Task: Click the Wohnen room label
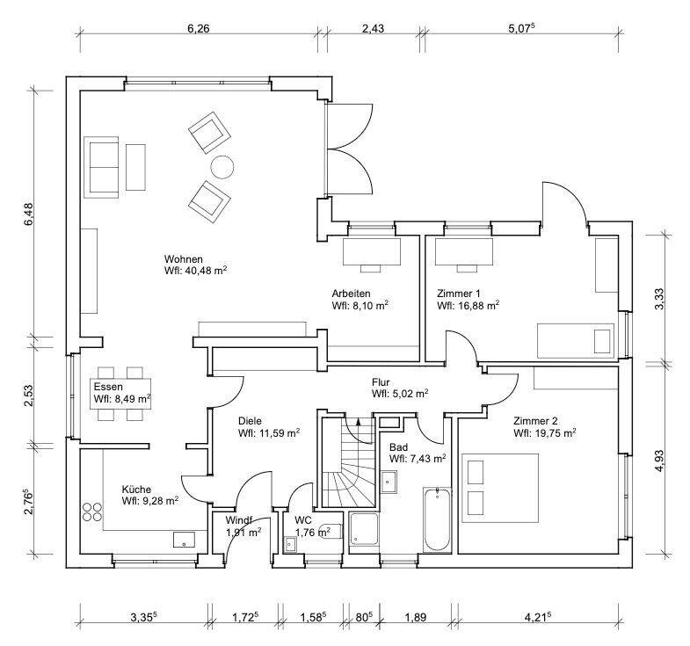coord(184,259)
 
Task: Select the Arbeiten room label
coord(351,294)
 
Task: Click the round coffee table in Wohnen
coord(222,167)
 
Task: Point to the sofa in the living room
coord(101,167)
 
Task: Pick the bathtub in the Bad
coord(437,522)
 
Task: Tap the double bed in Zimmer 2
coord(500,487)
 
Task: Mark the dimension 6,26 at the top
coord(199,28)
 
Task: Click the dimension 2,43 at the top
coord(373,28)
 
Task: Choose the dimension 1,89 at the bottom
coord(415,617)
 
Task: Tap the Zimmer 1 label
coord(459,294)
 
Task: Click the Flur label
coord(381,382)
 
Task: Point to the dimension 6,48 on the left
coord(28,214)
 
